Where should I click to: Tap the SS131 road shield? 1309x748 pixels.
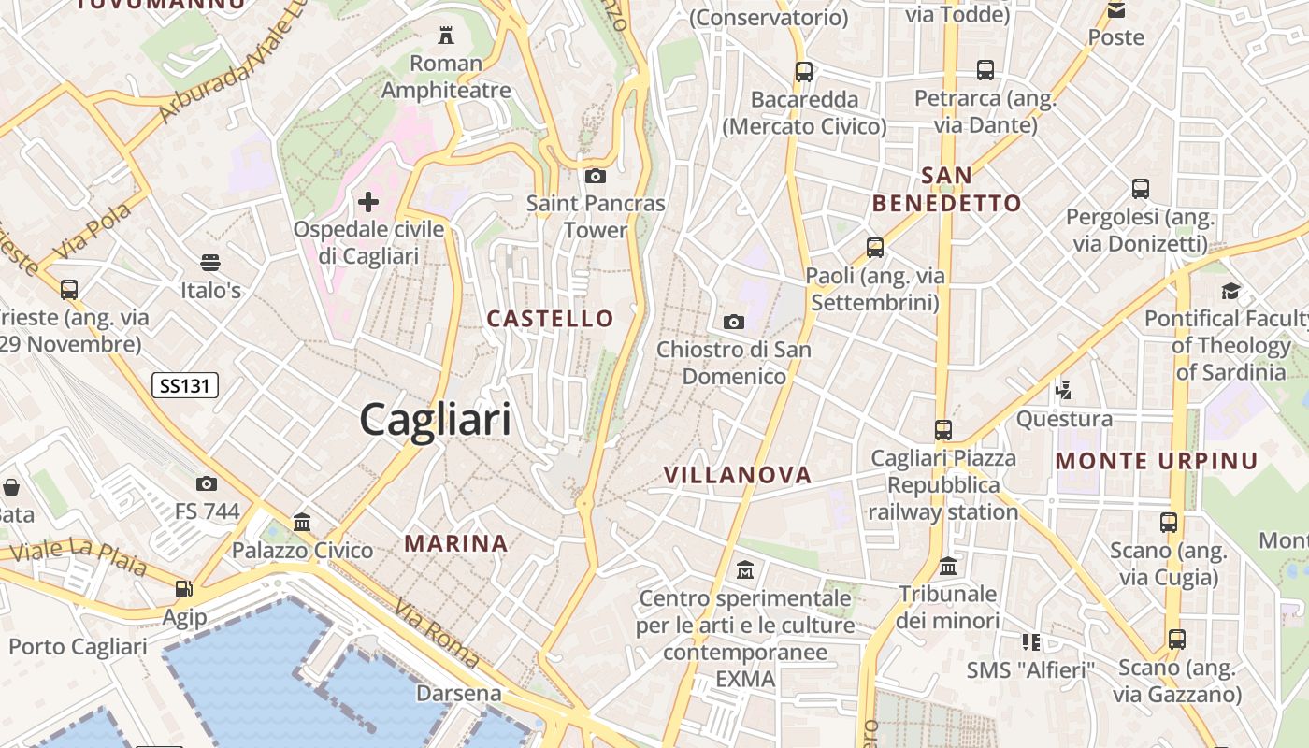click(184, 384)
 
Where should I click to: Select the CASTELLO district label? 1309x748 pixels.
click(550, 319)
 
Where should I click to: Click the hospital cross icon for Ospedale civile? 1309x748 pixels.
click(368, 201)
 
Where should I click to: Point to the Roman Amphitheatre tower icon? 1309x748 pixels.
click(446, 36)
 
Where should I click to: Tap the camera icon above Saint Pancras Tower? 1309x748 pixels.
click(595, 176)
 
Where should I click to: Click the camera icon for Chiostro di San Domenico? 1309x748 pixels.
click(734, 322)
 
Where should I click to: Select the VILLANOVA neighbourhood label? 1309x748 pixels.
click(738, 475)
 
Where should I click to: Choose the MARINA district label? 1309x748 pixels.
click(456, 543)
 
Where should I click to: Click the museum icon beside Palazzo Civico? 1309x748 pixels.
click(302, 522)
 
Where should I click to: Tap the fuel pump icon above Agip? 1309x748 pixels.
click(184, 589)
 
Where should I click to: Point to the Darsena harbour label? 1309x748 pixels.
click(458, 694)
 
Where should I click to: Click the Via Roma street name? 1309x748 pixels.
click(437, 634)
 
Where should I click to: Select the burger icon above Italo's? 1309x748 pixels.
click(210, 263)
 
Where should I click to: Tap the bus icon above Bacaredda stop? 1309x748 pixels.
click(803, 71)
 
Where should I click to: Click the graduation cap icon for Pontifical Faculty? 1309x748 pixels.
click(1230, 291)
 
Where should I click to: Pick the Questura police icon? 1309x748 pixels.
click(1063, 390)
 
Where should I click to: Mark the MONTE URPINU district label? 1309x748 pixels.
click(1157, 460)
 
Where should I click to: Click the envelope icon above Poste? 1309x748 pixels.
click(1115, 10)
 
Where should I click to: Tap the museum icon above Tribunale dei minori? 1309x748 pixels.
click(948, 567)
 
